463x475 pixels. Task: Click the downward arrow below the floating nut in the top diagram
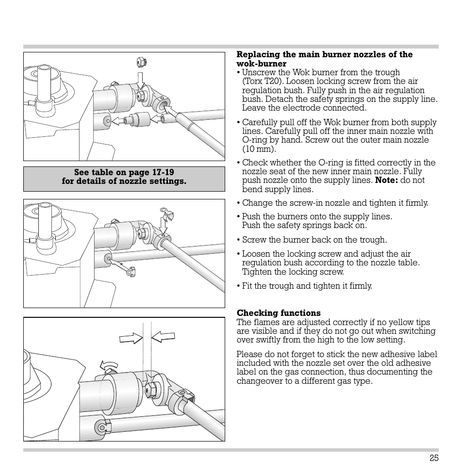coord(141,80)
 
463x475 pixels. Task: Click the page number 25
coord(433,458)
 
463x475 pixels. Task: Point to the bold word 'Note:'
coord(386,180)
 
